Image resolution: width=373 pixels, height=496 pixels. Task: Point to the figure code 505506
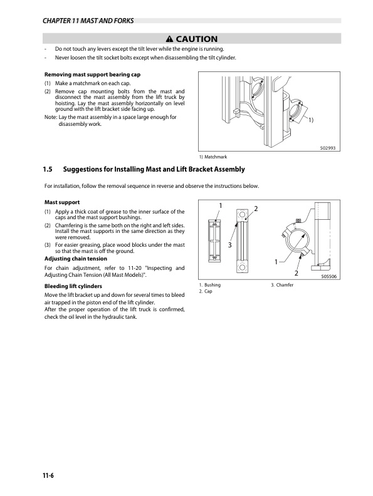click(330, 276)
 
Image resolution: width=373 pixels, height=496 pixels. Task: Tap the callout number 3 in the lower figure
click(230, 245)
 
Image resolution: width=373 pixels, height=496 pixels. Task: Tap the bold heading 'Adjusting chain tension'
click(75, 258)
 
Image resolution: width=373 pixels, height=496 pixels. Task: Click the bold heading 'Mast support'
click(61, 202)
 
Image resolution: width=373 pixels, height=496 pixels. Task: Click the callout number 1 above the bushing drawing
click(220, 206)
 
